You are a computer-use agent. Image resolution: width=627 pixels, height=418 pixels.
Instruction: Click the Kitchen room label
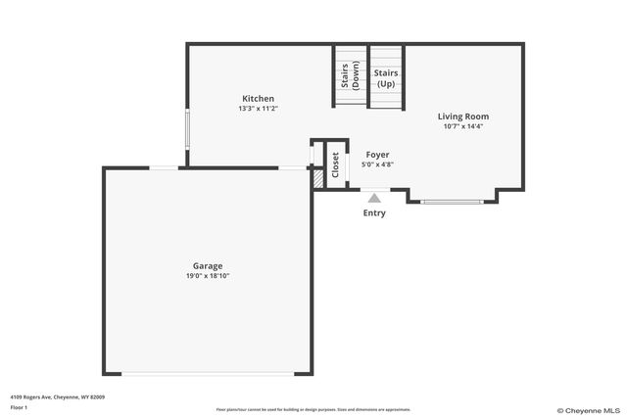(259, 98)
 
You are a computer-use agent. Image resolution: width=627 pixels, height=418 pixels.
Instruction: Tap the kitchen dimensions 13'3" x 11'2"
(259, 109)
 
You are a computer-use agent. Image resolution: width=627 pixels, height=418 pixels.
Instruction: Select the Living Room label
(462, 116)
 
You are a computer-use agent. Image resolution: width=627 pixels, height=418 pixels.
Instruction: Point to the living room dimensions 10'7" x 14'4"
(462, 126)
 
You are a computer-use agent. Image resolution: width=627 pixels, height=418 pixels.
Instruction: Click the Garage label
(208, 265)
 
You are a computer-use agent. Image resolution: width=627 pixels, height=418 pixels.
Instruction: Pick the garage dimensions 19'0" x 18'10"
(208, 276)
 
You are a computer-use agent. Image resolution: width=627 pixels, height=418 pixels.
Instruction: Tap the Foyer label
(377, 155)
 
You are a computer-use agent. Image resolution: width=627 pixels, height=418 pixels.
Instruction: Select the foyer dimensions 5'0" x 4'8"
(377, 165)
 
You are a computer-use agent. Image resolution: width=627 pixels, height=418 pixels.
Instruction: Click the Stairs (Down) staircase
(350, 78)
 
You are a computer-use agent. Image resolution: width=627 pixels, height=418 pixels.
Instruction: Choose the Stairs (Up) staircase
(386, 78)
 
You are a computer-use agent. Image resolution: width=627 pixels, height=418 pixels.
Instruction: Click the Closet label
(334, 165)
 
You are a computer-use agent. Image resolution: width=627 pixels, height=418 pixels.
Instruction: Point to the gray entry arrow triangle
(373, 197)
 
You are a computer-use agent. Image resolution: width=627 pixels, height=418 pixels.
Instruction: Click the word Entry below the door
(373, 212)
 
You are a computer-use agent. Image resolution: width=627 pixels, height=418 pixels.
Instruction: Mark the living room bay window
(452, 202)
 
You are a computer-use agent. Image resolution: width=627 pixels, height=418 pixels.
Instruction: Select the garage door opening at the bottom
(207, 374)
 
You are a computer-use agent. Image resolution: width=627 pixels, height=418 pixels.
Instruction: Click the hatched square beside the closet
(317, 180)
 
